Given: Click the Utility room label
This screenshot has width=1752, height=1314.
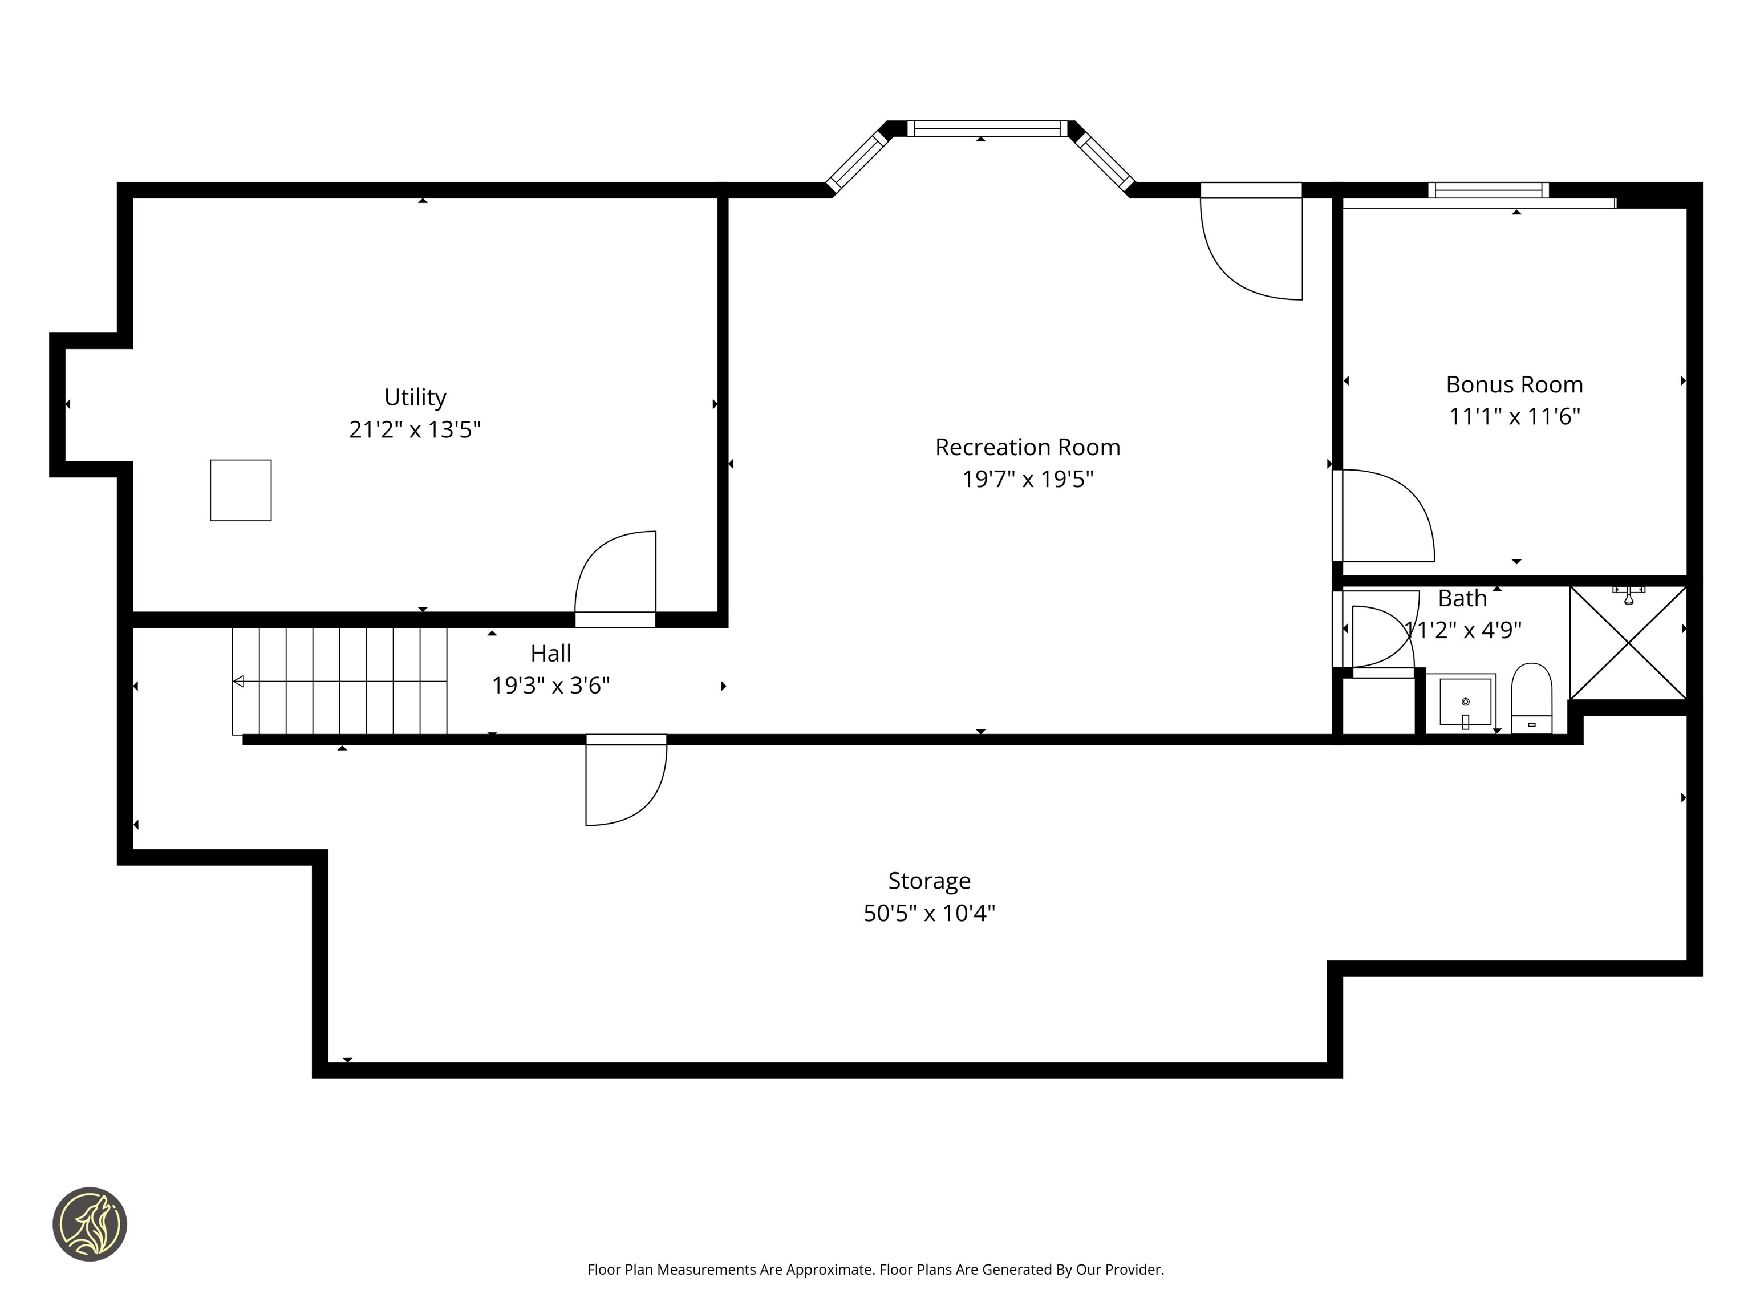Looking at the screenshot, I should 415,397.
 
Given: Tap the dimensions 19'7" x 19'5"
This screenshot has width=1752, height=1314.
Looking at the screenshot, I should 1027,479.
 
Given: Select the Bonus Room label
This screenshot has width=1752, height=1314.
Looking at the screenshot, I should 1514,384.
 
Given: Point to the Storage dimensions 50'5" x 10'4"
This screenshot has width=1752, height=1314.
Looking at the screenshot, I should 928,913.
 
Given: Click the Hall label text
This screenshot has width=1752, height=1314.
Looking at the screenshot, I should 550,654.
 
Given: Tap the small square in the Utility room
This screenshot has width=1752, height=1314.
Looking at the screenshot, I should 241,490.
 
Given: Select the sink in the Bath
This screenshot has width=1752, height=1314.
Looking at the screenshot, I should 1465,701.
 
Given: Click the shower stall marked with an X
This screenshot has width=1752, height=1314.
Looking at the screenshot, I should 1628,643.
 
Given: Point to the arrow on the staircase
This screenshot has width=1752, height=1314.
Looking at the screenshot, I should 238,681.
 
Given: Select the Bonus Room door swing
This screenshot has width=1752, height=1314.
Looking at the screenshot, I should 1386,516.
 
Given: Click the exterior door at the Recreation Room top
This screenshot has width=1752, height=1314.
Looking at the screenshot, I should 1251,246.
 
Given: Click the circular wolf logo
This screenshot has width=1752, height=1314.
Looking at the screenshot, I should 90,1224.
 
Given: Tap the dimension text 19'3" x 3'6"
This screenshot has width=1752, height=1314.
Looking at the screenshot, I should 550,685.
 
